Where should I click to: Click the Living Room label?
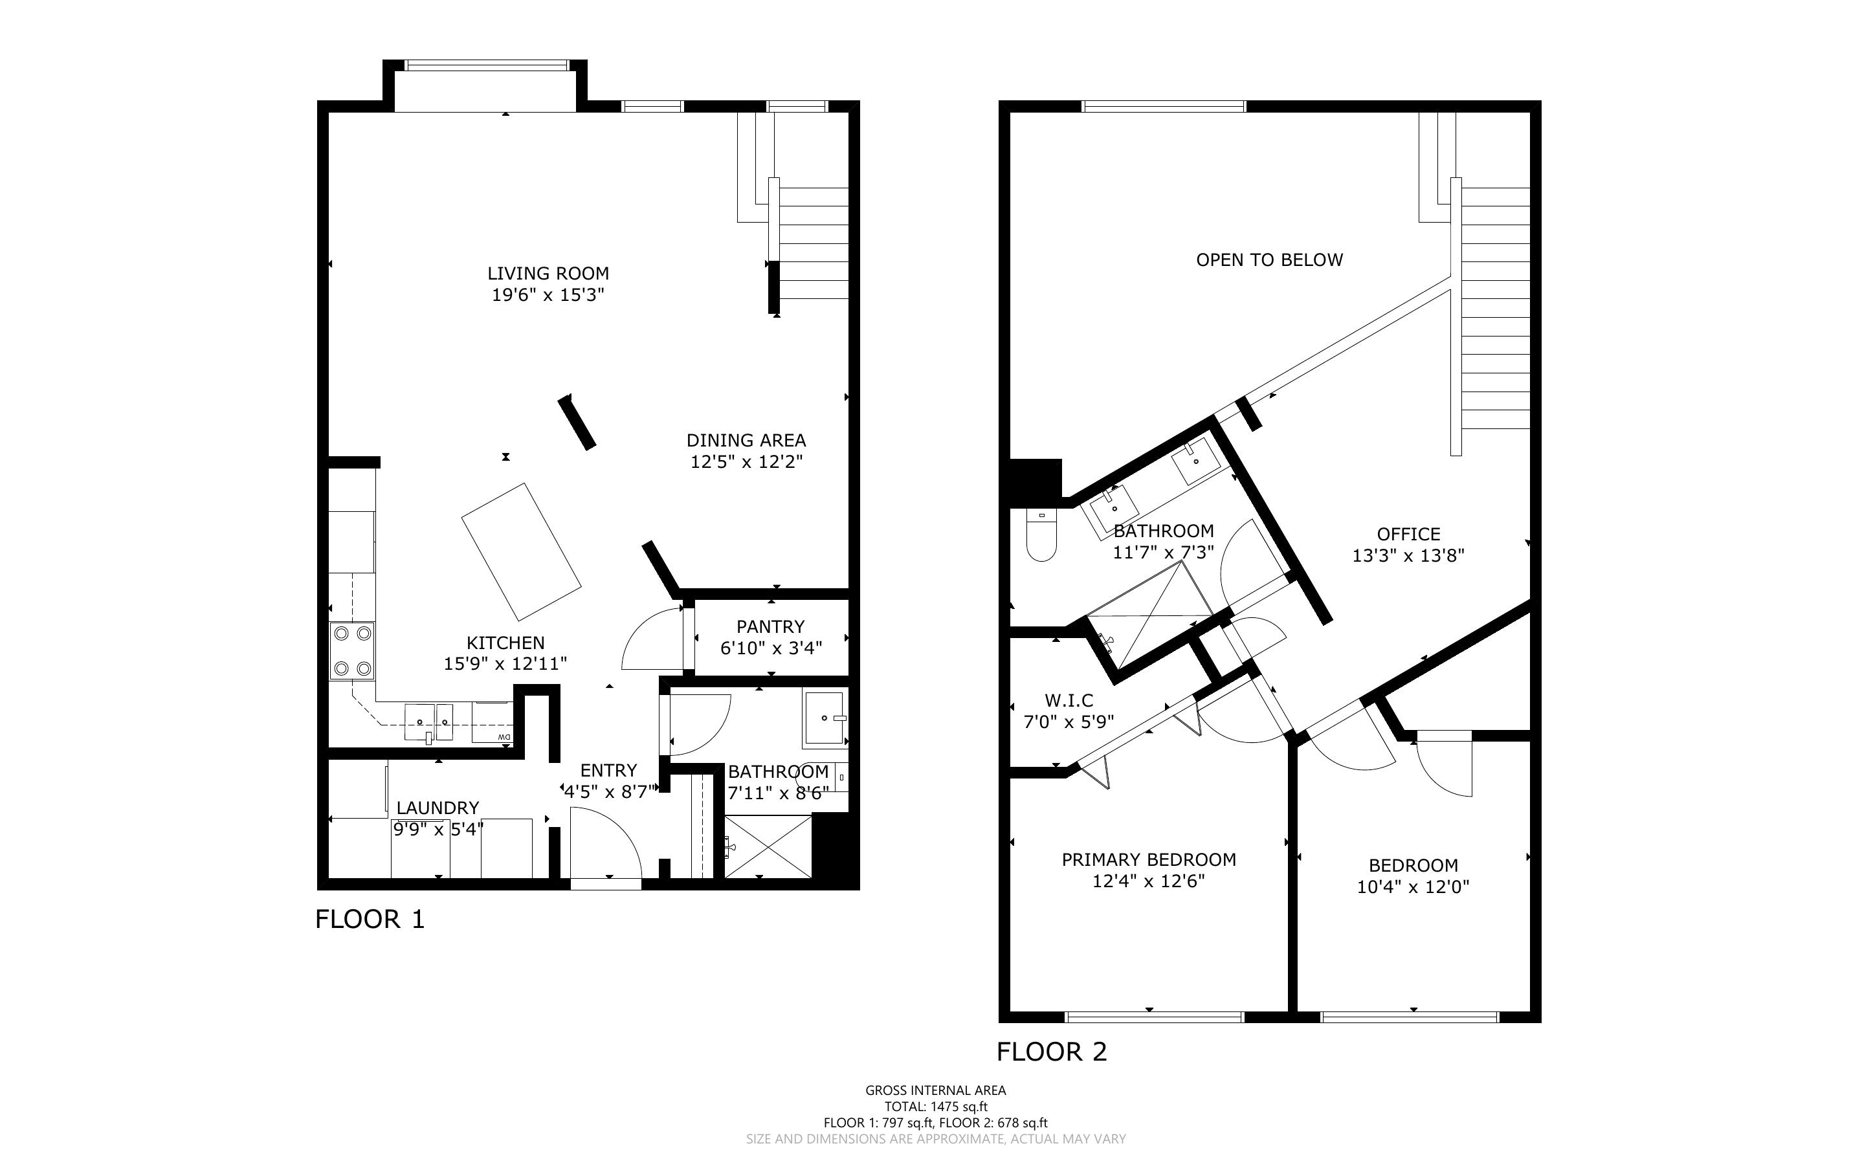[x=548, y=273]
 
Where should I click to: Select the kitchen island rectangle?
[x=522, y=552]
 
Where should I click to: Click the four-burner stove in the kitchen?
[x=352, y=651]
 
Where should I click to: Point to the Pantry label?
[x=771, y=627]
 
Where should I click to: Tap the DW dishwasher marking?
[x=504, y=736]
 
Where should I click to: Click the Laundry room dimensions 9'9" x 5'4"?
[x=439, y=830]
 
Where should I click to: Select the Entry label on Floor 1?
[x=609, y=771]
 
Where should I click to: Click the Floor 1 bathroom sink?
[x=825, y=719]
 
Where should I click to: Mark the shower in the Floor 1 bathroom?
[x=768, y=846]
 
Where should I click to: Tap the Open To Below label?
[x=1270, y=260]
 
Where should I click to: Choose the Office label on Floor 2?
[x=1409, y=534]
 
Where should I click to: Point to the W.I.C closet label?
[x=1069, y=700]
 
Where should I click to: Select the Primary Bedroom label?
[x=1149, y=859]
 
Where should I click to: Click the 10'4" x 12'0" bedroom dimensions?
[x=1413, y=887]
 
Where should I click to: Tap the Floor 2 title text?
[x=1052, y=1052]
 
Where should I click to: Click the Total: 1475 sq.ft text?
[x=936, y=1107]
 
